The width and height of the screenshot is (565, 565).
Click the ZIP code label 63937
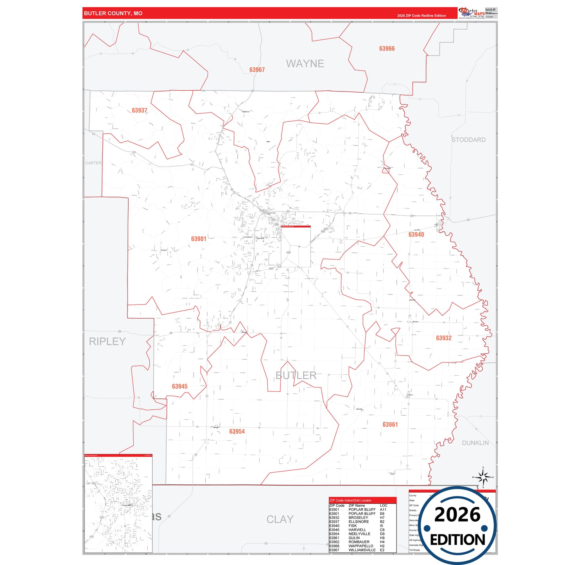tap(140, 111)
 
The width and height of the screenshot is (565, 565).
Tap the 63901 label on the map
tap(199, 239)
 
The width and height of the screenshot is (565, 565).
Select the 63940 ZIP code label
tap(416, 235)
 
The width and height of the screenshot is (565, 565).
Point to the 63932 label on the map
tap(444, 338)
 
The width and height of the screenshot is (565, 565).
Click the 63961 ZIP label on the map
tap(390, 425)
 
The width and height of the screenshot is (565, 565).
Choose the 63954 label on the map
tap(237, 432)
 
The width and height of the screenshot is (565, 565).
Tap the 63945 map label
tap(180, 387)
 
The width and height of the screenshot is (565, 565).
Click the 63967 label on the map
tap(257, 70)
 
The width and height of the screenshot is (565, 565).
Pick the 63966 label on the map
tap(387, 49)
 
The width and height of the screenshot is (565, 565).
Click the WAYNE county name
tap(305, 64)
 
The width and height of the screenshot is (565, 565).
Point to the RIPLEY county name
tap(107, 341)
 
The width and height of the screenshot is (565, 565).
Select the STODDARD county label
tap(468, 140)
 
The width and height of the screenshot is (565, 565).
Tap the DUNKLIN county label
tap(475, 443)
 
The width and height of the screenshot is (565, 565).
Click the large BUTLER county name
tap(296, 375)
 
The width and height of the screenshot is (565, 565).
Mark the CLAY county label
tap(280, 519)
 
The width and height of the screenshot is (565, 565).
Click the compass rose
tap(483, 477)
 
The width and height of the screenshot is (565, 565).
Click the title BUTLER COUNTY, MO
tap(113, 13)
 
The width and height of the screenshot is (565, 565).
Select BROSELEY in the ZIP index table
tap(358, 518)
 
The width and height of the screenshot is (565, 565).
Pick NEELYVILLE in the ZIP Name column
tap(359, 534)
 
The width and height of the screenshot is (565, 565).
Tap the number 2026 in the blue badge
tap(457, 515)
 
